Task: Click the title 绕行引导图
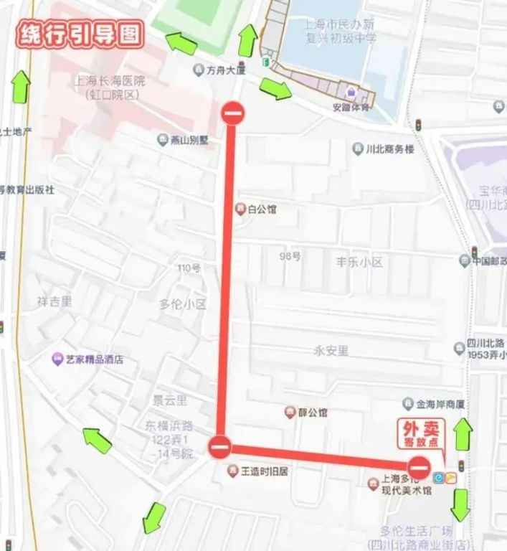click(x=80, y=34)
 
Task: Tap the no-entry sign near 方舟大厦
click(x=233, y=113)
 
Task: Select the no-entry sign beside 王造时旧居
click(x=220, y=448)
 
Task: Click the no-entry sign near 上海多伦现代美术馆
click(x=420, y=468)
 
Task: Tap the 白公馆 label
click(x=261, y=209)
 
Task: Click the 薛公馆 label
click(x=313, y=413)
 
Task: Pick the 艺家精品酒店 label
click(x=94, y=359)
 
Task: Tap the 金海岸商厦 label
click(x=439, y=402)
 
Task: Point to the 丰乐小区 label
click(x=359, y=262)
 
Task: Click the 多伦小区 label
click(x=182, y=304)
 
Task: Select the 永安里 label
click(x=331, y=351)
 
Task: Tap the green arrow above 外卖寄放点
click(x=463, y=434)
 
